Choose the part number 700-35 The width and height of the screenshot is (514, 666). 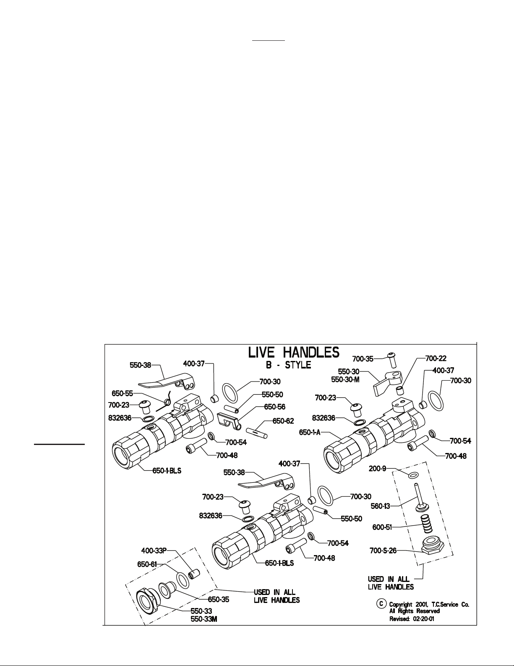pyautogui.click(x=363, y=358)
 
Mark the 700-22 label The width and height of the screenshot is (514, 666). pyautogui.click(x=436, y=358)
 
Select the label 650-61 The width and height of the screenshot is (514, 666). pyautogui.click(x=147, y=564)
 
